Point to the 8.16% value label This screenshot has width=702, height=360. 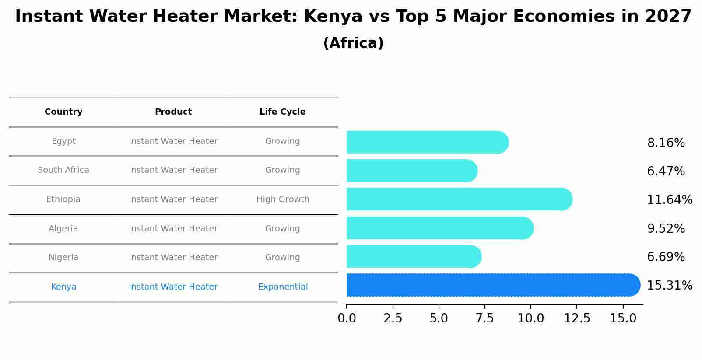(666, 143)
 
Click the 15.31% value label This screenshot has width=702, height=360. (669, 286)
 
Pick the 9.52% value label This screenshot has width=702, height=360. (666, 229)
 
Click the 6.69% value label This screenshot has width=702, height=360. (666, 257)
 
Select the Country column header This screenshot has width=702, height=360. (63, 112)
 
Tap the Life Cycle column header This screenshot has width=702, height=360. (282, 112)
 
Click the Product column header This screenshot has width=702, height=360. (173, 112)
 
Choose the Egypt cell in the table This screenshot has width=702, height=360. (63, 141)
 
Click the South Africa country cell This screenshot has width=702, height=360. (63, 170)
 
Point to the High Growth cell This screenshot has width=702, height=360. (283, 199)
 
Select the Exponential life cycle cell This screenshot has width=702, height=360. (283, 287)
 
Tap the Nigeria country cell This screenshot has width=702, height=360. (63, 258)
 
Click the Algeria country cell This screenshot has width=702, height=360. (63, 229)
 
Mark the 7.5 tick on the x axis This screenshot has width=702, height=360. (485, 318)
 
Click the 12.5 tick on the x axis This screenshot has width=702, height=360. (577, 318)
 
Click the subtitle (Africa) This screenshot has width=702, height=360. (353, 43)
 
